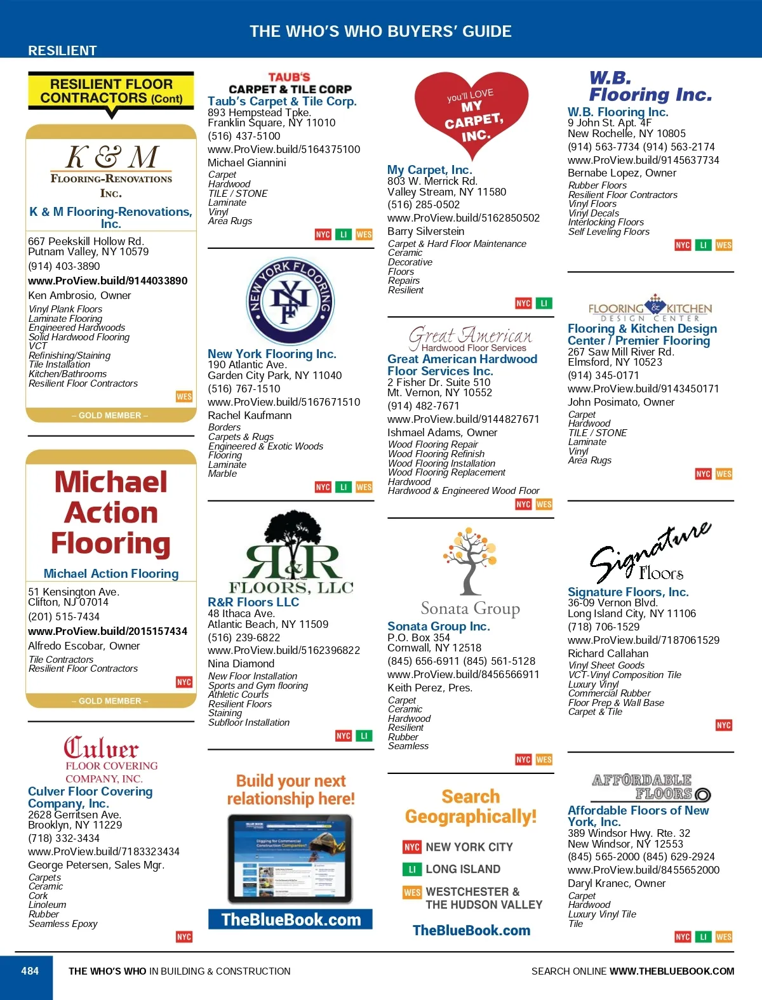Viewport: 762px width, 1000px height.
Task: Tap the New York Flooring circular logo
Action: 290,301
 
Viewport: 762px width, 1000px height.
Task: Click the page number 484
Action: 30,971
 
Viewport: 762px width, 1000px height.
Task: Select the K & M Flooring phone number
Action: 64,266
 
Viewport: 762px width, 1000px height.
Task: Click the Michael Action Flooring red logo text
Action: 111,512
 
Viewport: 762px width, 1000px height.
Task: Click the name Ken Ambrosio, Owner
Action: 79,295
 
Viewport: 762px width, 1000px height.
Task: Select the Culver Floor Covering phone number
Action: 63,838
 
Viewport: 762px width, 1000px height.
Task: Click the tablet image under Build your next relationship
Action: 290,858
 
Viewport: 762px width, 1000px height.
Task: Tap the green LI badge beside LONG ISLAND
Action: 411,869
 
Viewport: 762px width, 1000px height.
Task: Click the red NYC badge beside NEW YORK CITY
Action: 411,847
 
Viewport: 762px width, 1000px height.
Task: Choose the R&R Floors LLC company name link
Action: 253,602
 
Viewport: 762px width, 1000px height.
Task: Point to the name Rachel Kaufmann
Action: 250,415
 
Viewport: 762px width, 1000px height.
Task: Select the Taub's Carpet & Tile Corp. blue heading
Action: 282,101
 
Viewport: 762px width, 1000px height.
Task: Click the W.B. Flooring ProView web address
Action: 643,160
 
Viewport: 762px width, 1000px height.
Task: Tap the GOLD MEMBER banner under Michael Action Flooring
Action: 110,701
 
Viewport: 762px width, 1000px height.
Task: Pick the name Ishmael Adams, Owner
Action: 443,432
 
